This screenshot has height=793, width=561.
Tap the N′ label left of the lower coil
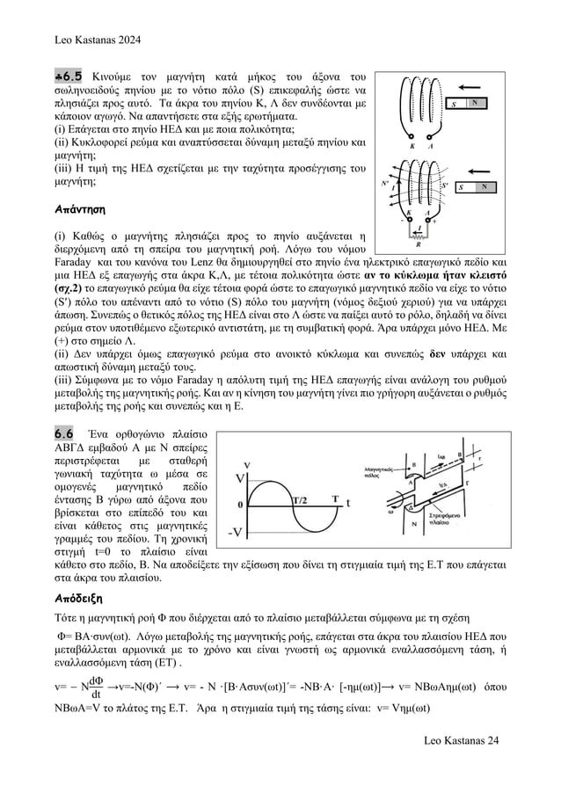[384, 185]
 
